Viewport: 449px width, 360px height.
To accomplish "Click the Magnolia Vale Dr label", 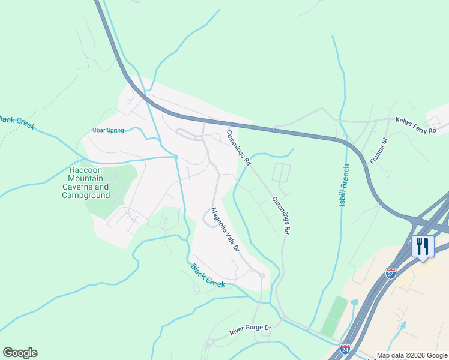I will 225,230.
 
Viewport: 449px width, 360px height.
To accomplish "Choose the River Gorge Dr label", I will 250,330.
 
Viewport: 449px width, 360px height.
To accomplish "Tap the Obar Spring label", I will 107,130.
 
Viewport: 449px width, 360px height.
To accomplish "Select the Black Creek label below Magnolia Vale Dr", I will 208,275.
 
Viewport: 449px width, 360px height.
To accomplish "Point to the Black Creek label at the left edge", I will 17,122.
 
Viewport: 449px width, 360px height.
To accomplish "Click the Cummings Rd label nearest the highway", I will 239,147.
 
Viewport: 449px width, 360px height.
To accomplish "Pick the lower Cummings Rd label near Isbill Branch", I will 281,215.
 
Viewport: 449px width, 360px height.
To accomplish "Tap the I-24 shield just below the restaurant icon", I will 391,273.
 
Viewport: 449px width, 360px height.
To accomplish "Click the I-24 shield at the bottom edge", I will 345,349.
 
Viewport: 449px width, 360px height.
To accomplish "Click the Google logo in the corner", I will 20,353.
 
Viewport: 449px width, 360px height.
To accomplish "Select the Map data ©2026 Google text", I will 411,355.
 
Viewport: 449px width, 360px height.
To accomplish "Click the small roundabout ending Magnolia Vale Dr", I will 261,275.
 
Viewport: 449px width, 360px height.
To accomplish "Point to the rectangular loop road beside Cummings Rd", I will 281,172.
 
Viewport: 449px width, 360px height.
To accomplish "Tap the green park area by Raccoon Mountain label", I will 114,180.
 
